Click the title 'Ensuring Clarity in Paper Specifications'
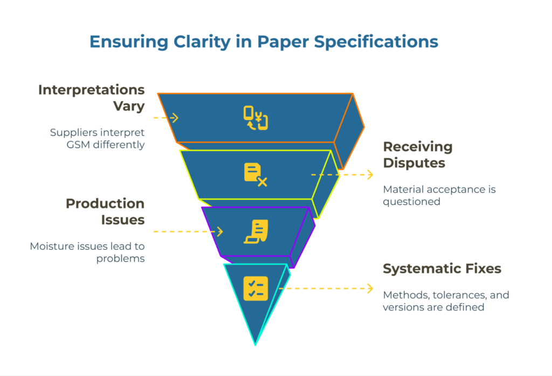coord(264,42)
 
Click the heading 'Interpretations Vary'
coord(91,98)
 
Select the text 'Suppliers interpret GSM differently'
coord(97,138)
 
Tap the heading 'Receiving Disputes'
coord(418,154)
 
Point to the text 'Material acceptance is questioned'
coord(439,195)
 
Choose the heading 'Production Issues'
coord(105,211)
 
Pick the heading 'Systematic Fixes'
coord(442,269)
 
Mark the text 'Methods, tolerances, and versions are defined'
coord(446,301)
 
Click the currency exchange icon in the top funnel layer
coord(256,118)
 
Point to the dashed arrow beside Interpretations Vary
coord(165,118)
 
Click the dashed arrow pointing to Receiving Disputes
coord(342,175)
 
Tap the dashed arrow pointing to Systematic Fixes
coord(326,289)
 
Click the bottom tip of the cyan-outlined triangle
coord(256,343)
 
